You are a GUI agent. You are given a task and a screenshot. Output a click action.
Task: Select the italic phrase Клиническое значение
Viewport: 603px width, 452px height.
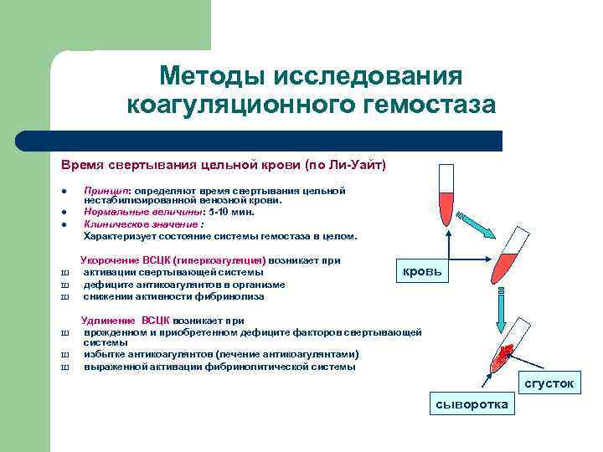(x=140, y=223)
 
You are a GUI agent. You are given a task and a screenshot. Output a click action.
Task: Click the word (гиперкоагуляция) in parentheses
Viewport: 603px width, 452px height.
(x=220, y=261)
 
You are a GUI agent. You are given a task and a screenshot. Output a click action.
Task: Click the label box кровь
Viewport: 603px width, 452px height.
(x=423, y=272)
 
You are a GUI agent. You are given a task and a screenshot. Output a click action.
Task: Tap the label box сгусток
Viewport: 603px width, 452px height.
(x=549, y=383)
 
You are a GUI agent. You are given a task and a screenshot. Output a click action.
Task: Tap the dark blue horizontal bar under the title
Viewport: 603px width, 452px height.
(x=276, y=141)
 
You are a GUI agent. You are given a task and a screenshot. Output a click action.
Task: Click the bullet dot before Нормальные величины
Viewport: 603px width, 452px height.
(x=64, y=213)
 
